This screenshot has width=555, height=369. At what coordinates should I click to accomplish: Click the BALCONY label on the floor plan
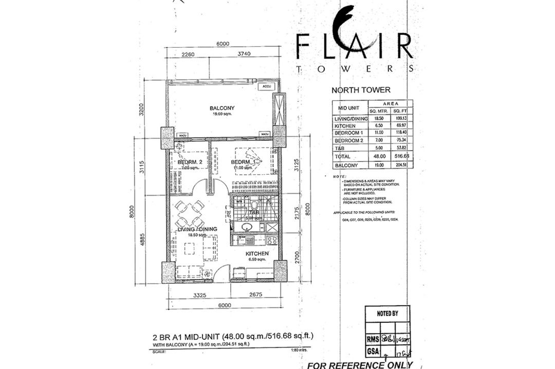(x=222, y=108)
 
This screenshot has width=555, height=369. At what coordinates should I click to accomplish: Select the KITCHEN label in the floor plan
(x=256, y=254)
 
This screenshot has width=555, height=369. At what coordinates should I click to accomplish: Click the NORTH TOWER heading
(x=361, y=90)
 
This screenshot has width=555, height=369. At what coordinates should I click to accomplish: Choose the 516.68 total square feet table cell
(x=400, y=156)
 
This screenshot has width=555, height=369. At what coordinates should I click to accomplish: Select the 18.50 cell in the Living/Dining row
(x=377, y=118)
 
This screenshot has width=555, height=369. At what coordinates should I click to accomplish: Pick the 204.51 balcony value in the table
(x=400, y=165)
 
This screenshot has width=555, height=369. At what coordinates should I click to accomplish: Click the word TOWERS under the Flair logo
(x=354, y=68)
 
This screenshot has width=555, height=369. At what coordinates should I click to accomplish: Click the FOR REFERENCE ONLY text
(x=360, y=364)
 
